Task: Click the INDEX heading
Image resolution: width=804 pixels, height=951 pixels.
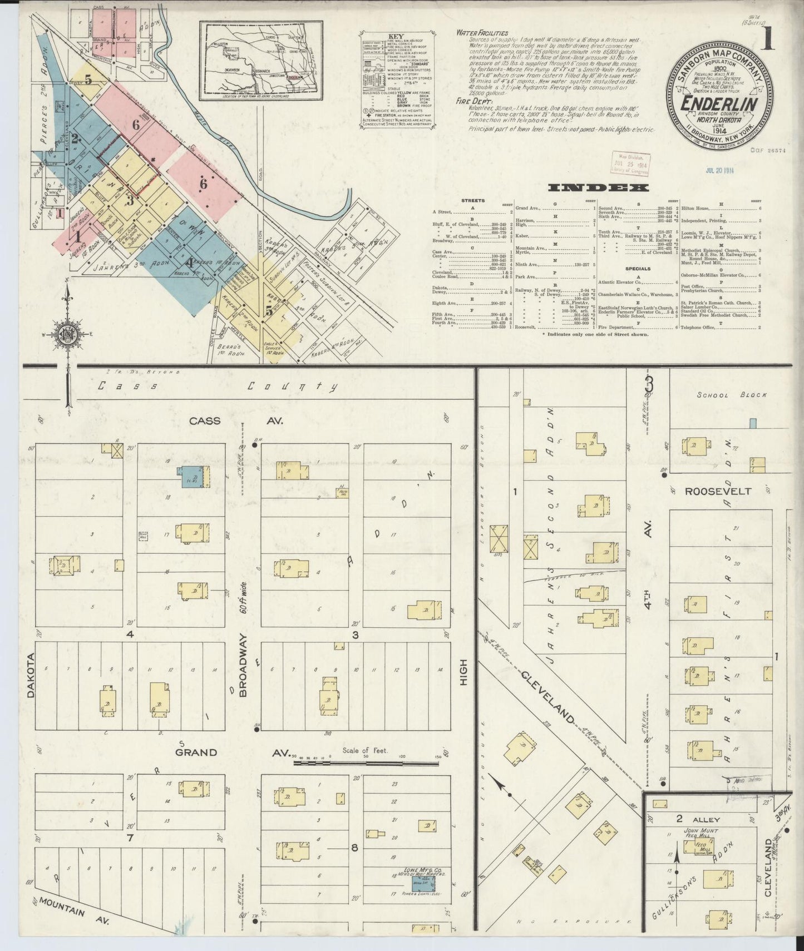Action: coord(598,187)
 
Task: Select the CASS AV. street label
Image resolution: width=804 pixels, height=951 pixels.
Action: coord(236,421)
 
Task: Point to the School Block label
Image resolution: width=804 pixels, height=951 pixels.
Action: coord(732,394)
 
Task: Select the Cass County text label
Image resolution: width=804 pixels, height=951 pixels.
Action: coord(217,387)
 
